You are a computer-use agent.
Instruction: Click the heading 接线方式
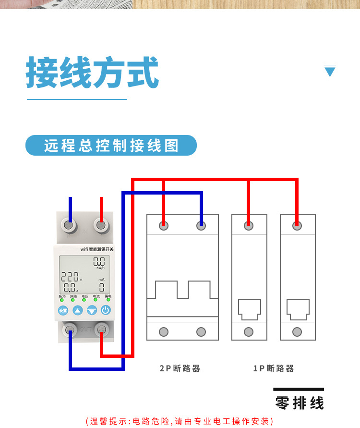point(92,73)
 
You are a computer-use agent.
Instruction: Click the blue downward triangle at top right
point(330,72)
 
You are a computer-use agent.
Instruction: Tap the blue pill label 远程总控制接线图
point(111,145)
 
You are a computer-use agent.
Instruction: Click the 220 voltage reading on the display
point(69,277)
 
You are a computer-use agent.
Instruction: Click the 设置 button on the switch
point(63,310)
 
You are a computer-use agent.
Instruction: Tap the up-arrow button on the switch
point(78,310)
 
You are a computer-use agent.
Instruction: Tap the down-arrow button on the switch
point(92,310)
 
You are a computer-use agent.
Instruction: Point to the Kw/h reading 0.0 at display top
point(99,262)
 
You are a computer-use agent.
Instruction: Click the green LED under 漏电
point(108,300)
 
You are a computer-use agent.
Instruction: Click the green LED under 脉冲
point(62,300)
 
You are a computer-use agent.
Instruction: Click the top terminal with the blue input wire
point(70,224)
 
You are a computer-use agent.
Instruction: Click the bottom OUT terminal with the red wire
point(101,330)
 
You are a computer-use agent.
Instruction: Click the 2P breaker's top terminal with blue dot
point(201,225)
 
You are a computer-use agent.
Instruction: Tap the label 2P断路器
point(180,368)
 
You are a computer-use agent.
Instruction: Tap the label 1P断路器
point(273,368)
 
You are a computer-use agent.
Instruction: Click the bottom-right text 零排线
point(299,403)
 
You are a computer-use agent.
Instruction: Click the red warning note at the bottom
point(180,421)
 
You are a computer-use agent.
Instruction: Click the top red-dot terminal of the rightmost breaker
point(297,225)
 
